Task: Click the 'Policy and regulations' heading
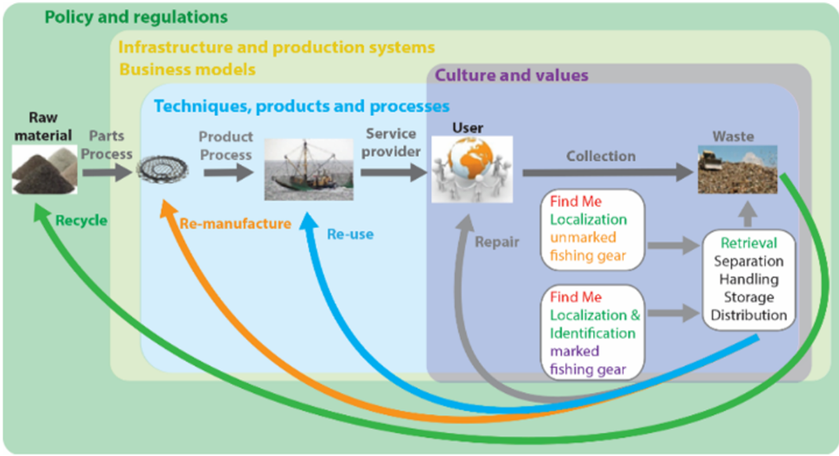(136, 17)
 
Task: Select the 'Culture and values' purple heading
(511, 75)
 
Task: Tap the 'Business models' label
(187, 69)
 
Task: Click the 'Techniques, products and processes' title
(302, 106)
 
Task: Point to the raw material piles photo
(45, 170)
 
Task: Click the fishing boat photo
(309, 169)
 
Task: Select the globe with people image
(472, 169)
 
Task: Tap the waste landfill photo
(738, 169)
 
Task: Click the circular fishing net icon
(163, 170)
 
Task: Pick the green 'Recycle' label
(82, 220)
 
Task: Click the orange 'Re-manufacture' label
(236, 223)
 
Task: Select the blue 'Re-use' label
(350, 234)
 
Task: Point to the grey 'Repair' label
(497, 242)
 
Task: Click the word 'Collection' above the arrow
(601, 156)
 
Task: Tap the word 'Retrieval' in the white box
(749, 243)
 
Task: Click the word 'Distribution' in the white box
(749, 315)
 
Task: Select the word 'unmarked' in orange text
(583, 237)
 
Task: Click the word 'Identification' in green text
(593, 333)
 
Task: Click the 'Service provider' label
(390, 142)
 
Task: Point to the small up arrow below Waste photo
(748, 214)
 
